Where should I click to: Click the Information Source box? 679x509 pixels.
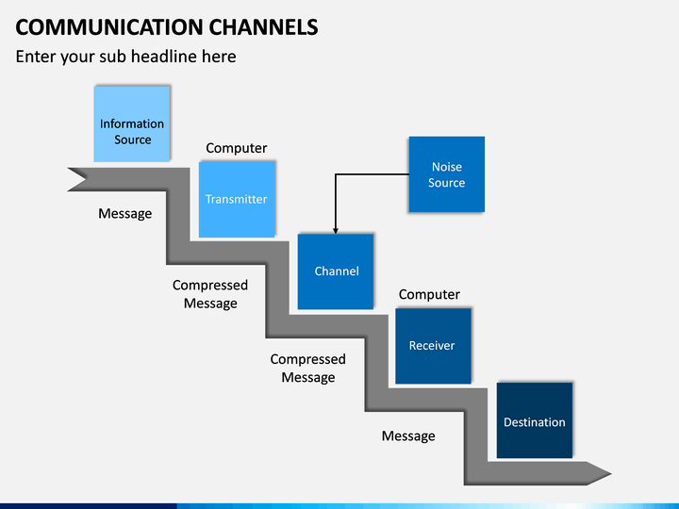[132, 123]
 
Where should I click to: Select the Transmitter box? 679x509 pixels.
[237, 200]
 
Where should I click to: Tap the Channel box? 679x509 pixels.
[336, 271]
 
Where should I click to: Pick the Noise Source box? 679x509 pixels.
[446, 174]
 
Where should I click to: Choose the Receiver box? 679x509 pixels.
[433, 346]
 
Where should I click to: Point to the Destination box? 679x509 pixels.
[535, 420]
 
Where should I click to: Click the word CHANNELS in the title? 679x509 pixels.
[263, 27]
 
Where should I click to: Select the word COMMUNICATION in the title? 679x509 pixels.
[109, 27]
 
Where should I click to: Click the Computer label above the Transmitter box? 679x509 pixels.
[237, 148]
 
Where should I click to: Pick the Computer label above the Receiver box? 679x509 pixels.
[429, 294]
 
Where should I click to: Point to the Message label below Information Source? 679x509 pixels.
[125, 213]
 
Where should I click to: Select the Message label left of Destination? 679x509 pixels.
[408, 435]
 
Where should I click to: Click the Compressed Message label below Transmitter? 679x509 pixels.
[210, 294]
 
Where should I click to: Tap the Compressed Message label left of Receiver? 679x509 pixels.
[307, 368]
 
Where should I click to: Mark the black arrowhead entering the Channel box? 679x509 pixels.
[336, 231]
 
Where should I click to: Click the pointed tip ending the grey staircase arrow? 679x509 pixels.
[610, 474]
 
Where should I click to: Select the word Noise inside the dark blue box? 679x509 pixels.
[447, 167]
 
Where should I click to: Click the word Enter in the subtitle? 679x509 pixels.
[36, 57]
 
